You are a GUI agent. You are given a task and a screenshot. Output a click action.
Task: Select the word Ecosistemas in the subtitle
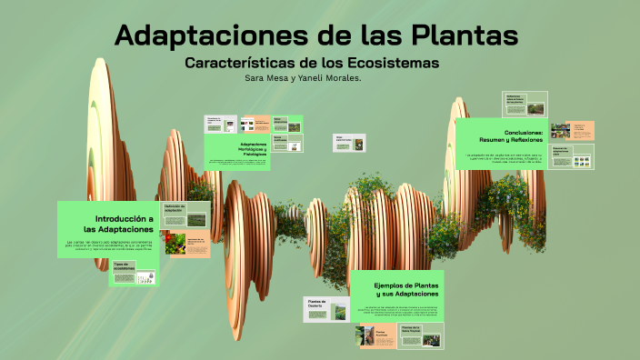pyautogui.click(x=396, y=63)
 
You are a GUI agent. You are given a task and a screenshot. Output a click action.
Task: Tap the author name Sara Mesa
pyautogui.click(x=269, y=78)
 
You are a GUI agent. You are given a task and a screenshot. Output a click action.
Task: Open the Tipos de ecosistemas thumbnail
pyautogui.click(x=133, y=274)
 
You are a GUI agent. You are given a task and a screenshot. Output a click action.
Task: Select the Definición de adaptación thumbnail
pyautogui.click(x=185, y=216)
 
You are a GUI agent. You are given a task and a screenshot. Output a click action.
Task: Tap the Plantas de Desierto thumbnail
pyautogui.click(x=325, y=309)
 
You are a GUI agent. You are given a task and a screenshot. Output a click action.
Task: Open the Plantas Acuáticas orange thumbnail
pyautogui.click(x=376, y=336)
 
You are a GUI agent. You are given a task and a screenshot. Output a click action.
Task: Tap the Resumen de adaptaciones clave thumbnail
pyautogui.click(x=572, y=156)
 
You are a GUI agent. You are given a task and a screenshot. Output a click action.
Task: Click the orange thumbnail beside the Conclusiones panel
pyautogui.click(x=572, y=130)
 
